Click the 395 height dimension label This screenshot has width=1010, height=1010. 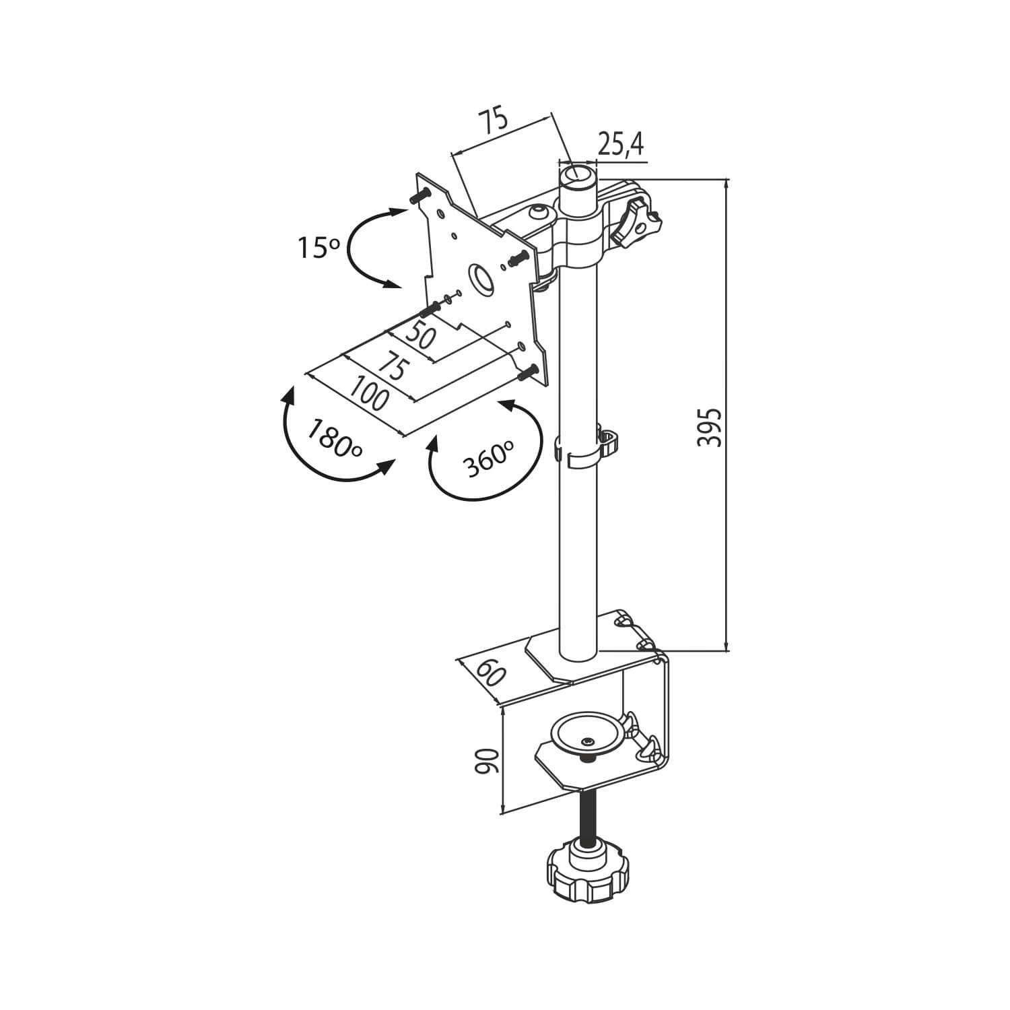pos(709,427)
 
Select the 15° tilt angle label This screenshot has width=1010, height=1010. pos(319,248)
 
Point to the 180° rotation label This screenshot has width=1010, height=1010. pos(335,438)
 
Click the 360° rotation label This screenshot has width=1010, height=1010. pos(488,459)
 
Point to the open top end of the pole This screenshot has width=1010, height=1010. pos(578,175)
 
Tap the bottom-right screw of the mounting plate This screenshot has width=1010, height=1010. pos(527,371)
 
